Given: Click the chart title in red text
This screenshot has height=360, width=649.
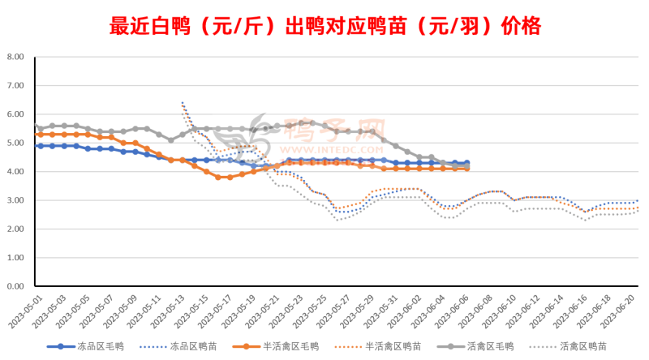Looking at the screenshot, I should click(324, 26).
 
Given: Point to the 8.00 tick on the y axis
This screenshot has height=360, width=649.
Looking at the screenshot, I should click(15, 58).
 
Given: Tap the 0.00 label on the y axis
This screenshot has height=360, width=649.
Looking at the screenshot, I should click(15, 286).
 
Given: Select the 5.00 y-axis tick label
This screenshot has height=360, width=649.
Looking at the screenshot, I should click(15, 144).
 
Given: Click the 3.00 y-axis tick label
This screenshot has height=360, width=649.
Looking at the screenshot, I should click(15, 200).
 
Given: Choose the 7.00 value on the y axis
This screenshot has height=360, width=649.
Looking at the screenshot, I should click(15, 86).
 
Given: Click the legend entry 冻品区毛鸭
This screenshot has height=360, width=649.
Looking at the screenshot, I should click(87, 346).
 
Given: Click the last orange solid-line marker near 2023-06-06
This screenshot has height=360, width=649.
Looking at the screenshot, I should click(466, 169).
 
